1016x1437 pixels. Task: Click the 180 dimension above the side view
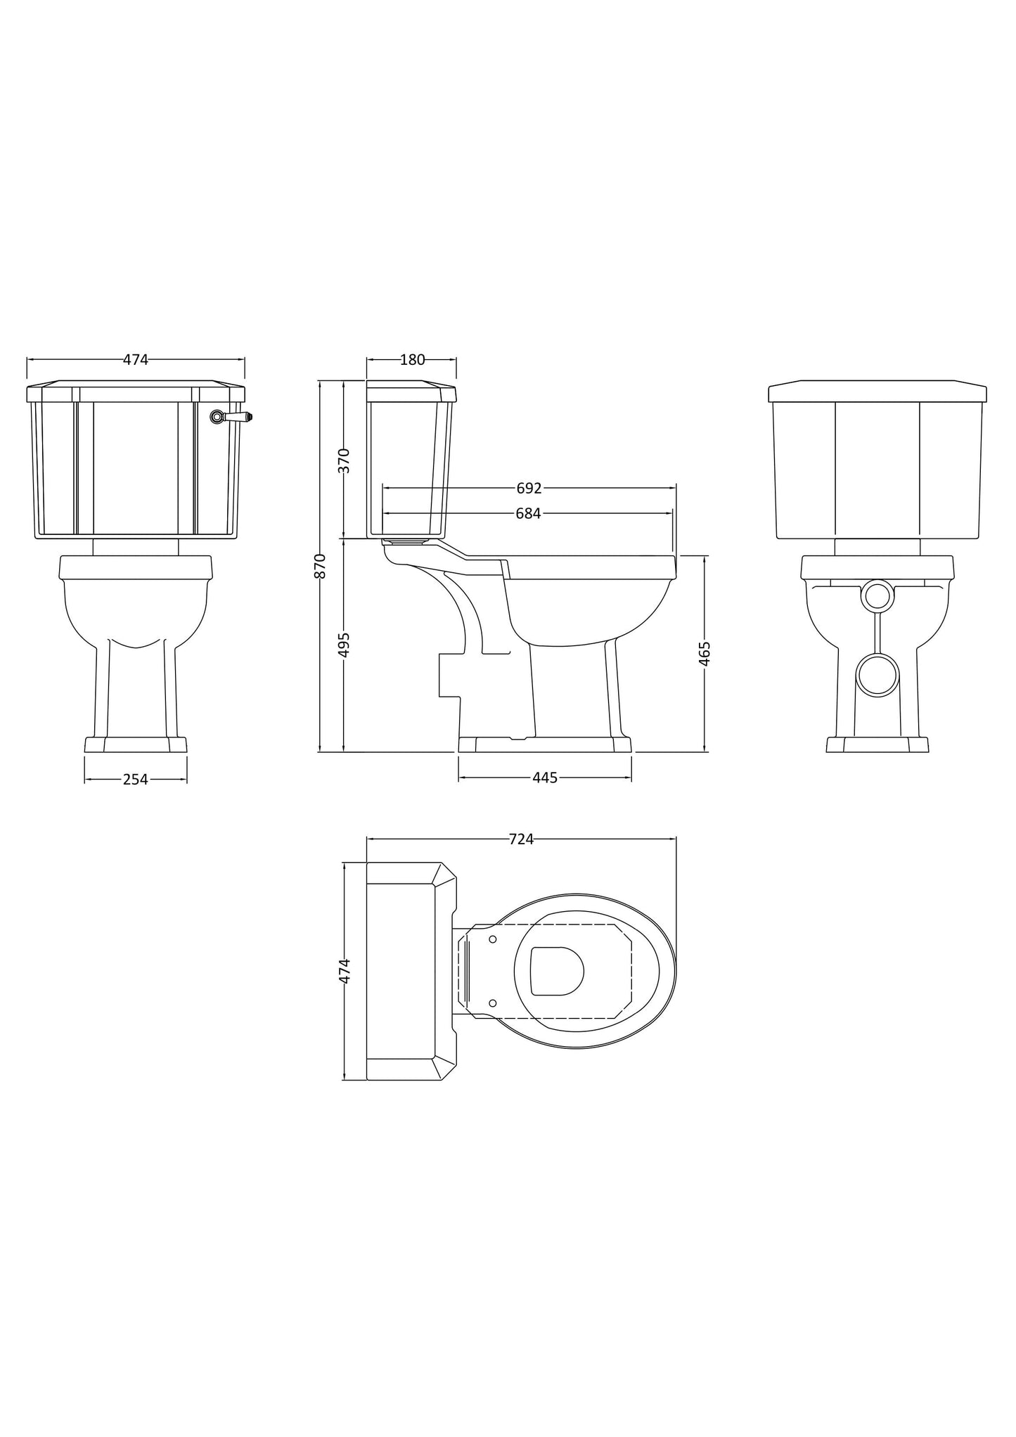pos(412,360)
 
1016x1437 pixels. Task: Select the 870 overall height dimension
pos(321,566)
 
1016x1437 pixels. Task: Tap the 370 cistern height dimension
pos(345,460)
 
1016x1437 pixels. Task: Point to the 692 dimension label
pos(529,488)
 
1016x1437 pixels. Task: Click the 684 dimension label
pos(528,514)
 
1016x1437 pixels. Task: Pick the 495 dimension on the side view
pos(345,645)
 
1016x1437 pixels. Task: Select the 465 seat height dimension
pos(705,653)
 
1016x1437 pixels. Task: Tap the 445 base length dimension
pos(544,778)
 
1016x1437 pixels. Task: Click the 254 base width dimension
pos(136,779)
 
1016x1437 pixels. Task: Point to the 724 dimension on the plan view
pos(521,839)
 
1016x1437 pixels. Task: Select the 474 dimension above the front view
pos(136,360)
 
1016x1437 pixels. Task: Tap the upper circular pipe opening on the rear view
pos(877,595)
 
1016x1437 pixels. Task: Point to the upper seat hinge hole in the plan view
pos(492,939)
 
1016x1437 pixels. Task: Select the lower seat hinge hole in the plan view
pos(492,1003)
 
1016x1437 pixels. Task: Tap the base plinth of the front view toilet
pos(136,745)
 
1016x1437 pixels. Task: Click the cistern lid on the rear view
pos(877,392)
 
